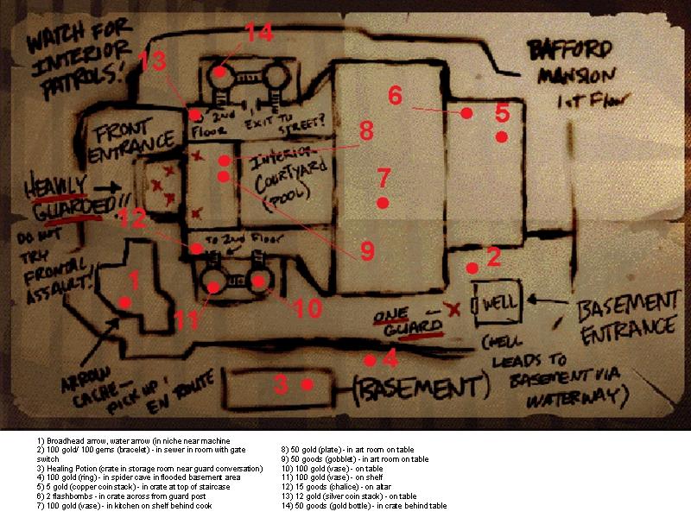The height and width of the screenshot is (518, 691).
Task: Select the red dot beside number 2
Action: tap(472, 268)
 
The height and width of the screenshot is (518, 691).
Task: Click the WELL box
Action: tap(496, 305)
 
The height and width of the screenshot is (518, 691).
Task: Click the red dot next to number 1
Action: tap(125, 301)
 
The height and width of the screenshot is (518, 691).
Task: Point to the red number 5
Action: tap(502, 113)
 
